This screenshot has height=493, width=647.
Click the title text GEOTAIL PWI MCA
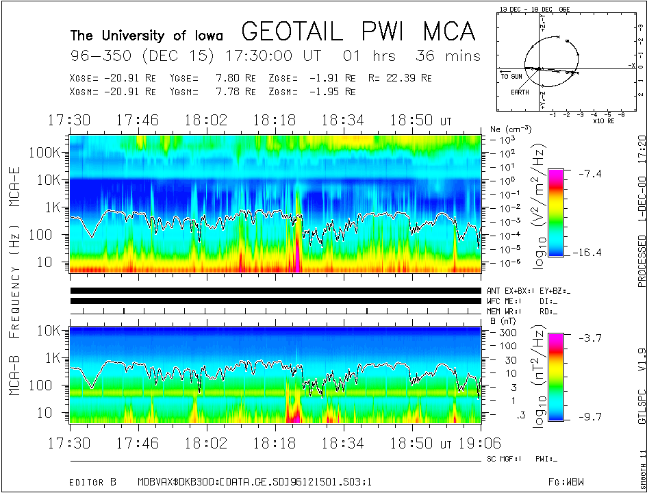point(358,31)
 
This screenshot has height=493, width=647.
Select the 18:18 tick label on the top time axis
point(273,121)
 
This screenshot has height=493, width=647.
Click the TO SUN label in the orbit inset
point(511,77)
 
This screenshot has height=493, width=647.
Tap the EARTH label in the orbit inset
point(520,92)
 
